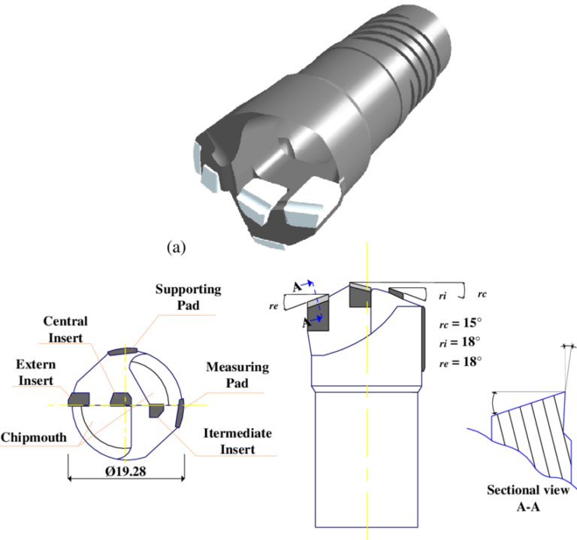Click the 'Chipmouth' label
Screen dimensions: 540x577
click(x=36, y=437)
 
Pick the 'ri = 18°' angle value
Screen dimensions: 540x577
click(x=460, y=342)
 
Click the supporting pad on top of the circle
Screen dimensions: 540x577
click(x=121, y=350)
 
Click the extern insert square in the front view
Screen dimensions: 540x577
click(x=79, y=399)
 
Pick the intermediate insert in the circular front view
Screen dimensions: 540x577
click(x=156, y=411)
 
